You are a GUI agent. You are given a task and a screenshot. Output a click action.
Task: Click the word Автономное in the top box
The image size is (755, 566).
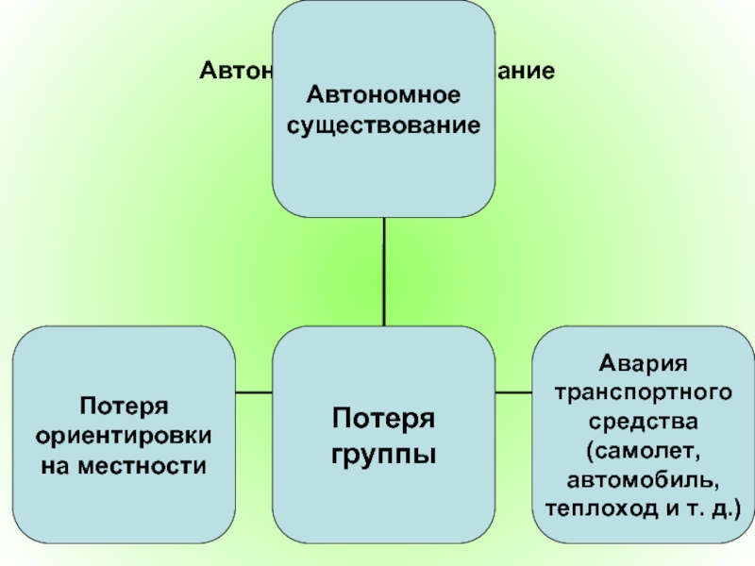[x=384, y=95]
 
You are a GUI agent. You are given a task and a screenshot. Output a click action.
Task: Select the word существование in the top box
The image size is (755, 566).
[x=384, y=125]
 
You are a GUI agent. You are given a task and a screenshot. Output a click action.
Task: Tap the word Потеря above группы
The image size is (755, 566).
[x=384, y=418]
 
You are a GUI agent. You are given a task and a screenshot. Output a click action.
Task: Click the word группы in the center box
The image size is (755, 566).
[x=384, y=455]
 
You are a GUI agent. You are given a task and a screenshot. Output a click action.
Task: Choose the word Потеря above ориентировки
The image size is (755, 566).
[x=123, y=406]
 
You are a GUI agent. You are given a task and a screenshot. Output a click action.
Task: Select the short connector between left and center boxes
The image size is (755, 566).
[x=254, y=391]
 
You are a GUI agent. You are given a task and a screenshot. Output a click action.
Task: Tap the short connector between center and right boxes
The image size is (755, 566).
[x=513, y=391]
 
